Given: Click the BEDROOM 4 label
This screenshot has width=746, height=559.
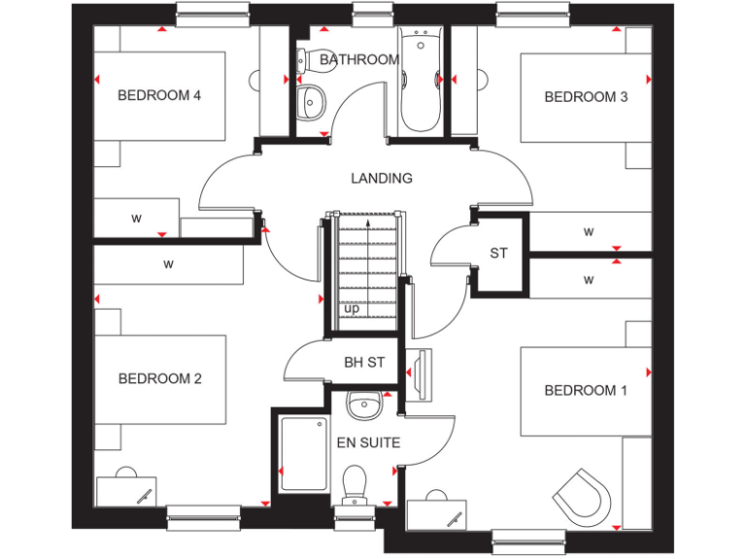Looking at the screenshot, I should (x=158, y=95).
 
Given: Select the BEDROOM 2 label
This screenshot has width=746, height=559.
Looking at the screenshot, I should (x=159, y=378).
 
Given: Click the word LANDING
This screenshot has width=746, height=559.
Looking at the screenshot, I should (x=382, y=178).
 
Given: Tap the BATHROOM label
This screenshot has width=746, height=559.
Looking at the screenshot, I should (x=358, y=59).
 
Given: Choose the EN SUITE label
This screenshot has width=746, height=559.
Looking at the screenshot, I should (x=368, y=443).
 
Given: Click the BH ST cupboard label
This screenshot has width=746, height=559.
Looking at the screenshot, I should (x=364, y=363).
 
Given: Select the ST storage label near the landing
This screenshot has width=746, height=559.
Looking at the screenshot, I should (x=498, y=253).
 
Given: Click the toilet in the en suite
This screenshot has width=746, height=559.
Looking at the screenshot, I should (x=355, y=481).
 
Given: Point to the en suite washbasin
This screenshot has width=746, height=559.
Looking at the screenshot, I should (x=363, y=406).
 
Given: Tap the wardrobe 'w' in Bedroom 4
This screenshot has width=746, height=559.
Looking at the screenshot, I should (x=136, y=218).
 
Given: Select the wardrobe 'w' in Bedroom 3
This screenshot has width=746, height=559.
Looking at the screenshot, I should (x=589, y=232).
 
